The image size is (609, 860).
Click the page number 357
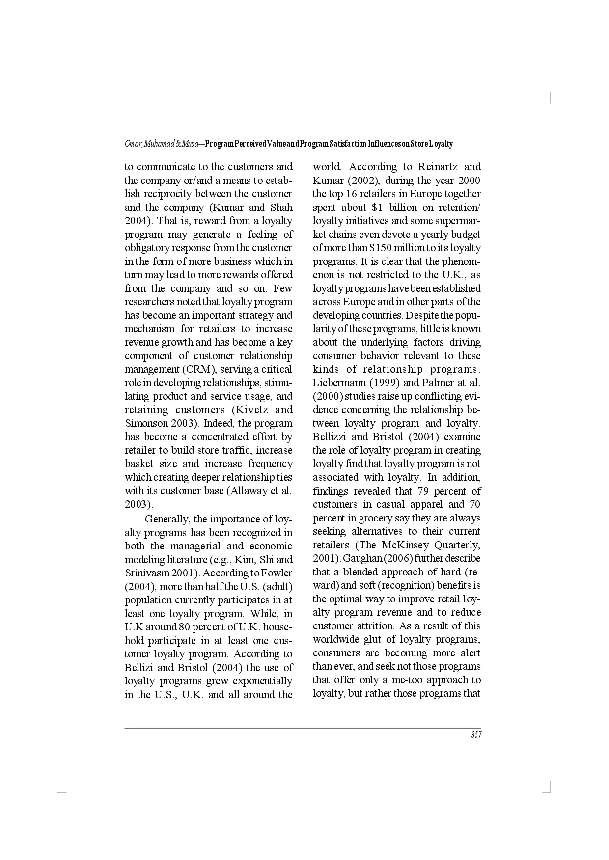coord(476,735)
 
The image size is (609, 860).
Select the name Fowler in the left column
coord(277,573)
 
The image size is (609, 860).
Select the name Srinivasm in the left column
coord(145,573)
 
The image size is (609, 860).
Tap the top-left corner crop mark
coord(59,96)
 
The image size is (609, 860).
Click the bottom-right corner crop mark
coord(549,789)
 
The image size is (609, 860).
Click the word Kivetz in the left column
coord(250,410)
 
